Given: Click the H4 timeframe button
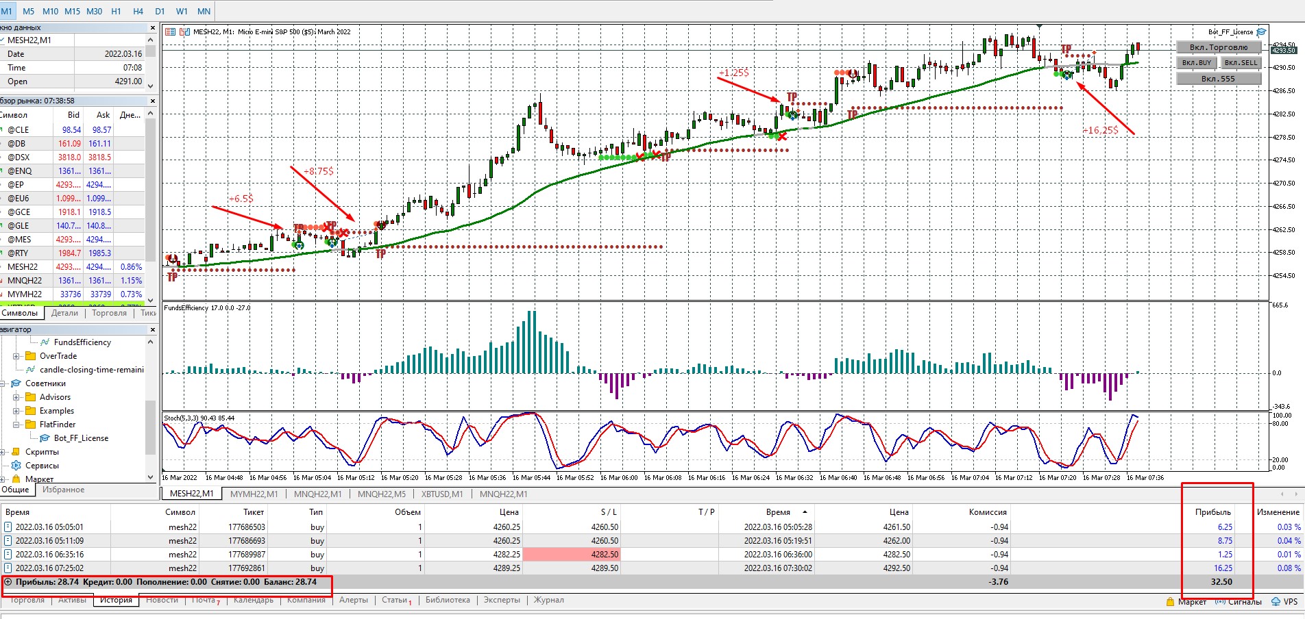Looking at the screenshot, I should (x=138, y=11).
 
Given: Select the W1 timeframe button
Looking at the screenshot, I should (x=182, y=11).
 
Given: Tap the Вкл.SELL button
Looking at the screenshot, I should (x=1241, y=62).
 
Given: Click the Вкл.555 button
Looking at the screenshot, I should (x=1218, y=79).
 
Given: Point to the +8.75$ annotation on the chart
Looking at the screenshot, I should (x=319, y=171).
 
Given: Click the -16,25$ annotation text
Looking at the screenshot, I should (x=1100, y=130).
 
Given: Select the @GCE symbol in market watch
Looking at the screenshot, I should (x=19, y=212).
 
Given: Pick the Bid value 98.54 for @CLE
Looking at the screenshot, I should (x=71, y=130).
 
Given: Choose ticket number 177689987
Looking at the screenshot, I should (x=246, y=555).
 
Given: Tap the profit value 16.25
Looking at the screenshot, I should (x=1224, y=568).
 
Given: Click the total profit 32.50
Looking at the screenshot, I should (x=1221, y=582).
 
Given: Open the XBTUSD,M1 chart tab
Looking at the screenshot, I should (x=442, y=494).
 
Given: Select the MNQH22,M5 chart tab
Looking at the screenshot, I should (x=381, y=494).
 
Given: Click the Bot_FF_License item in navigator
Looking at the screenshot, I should (x=81, y=438).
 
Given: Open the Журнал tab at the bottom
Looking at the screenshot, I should (x=548, y=600).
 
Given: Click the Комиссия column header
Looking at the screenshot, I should (x=987, y=512).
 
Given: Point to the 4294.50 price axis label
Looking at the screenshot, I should (x=1284, y=45).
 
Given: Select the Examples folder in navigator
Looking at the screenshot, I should (x=56, y=411).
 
